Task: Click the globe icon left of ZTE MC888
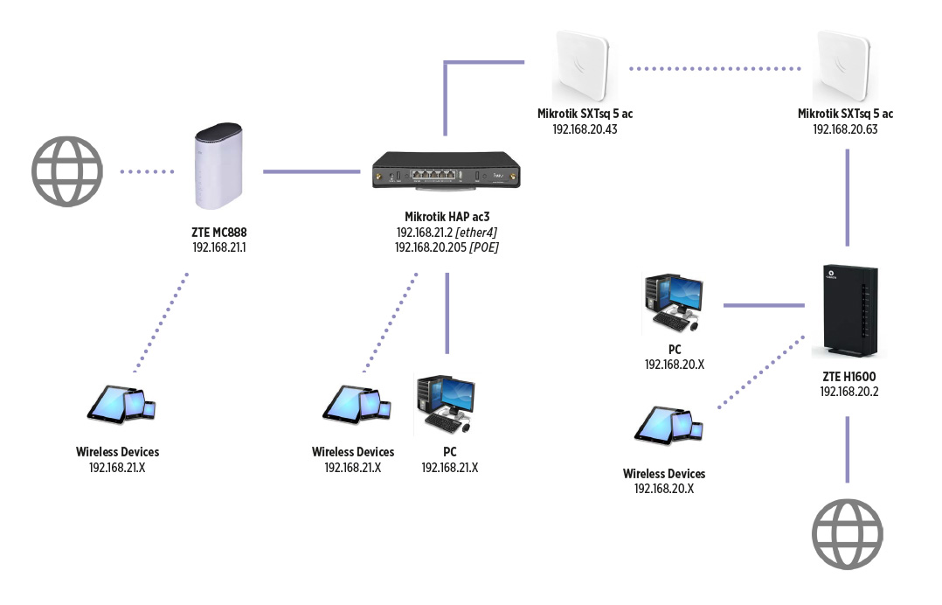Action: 67,171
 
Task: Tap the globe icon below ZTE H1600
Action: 847,532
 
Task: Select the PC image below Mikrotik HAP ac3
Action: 446,405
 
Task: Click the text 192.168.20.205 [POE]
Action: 447,247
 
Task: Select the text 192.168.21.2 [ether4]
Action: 447,233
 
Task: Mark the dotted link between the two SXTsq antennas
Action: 716,67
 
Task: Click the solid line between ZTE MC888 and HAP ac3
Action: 312,171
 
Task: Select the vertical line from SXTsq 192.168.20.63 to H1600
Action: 847,197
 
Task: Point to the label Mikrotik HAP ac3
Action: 447,217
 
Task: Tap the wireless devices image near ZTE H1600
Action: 668,425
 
